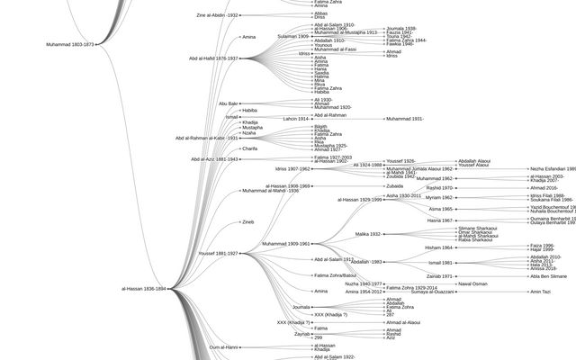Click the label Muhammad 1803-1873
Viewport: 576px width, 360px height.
(69, 44)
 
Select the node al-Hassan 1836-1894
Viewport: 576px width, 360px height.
(143, 289)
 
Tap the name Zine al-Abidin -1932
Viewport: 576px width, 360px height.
(217, 15)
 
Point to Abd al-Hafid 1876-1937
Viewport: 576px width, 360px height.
(213, 58)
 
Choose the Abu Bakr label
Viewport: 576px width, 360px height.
(228, 103)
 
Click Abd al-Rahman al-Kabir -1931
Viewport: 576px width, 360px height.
(206, 138)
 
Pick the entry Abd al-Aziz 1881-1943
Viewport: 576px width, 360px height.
(214, 159)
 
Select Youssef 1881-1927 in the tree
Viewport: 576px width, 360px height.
(218, 254)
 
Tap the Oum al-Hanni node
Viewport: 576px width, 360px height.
(223, 346)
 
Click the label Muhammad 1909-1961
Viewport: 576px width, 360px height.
(285, 244)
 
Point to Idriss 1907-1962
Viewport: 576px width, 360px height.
(292, 168)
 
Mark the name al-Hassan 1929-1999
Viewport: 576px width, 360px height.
(359, 200)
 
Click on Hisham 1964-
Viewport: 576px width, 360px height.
(438, 247)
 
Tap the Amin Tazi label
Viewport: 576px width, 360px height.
(540, 292)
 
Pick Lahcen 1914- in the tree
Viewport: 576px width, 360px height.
(295, 119)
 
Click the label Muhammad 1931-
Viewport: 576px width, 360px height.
(404, 119)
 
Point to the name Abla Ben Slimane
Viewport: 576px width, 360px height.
(548, 276)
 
